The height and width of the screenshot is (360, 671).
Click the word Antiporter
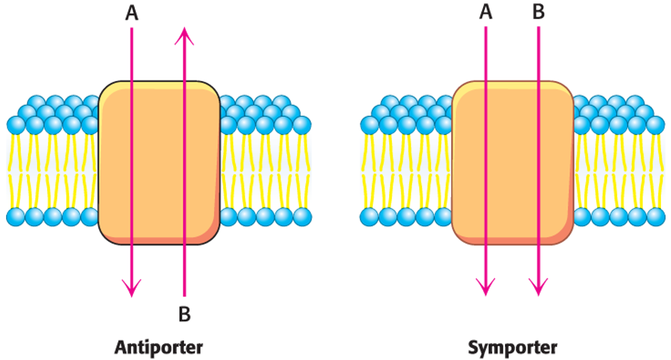coord(158,347)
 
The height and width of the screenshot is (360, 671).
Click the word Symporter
coord(512,347)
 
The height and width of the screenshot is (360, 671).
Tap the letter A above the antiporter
coord(132,14)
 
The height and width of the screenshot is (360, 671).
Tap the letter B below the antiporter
coord(185,314)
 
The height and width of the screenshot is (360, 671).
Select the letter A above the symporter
coord(486,14)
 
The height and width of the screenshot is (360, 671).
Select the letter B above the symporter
coord(538,14)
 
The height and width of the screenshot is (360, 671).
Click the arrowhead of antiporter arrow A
coord(132,290)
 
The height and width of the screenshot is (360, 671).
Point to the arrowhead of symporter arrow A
coord(486,290)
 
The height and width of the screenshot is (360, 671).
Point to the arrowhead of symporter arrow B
coord(538,290)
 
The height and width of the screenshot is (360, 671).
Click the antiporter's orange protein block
coord(159,166)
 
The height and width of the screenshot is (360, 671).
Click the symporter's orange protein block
coord(512,166)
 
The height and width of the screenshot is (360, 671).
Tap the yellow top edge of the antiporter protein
coord(159,86)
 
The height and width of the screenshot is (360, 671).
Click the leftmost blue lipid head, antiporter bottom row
coord(16,217)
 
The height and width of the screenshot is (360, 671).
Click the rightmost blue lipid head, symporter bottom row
coord(656,217)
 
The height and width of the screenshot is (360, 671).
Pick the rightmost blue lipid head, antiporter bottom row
coord(302,217)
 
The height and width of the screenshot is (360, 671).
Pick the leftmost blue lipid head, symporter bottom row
coord(369,217)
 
